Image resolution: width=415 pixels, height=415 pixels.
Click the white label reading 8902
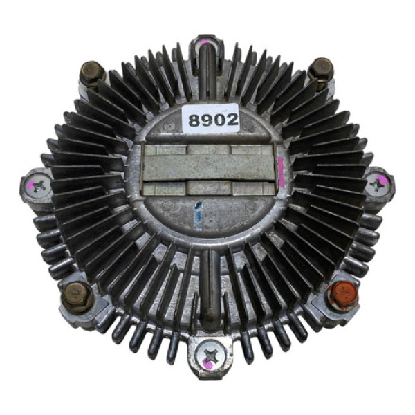pyautogui.click(x=211, y=118)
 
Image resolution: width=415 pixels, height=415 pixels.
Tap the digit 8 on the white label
pyautogui.click(x=194, y=120)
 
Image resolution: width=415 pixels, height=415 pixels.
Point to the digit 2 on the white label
pyautogui.click(x=232, y=120)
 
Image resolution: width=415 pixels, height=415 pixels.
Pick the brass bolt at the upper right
pyautogui.click(x=321, y=68)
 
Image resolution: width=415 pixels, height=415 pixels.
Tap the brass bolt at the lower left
pyautogui.click(x=77, y=297)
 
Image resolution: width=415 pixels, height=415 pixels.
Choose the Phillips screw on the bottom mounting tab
pyautogui.click(x=210, y=355)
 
